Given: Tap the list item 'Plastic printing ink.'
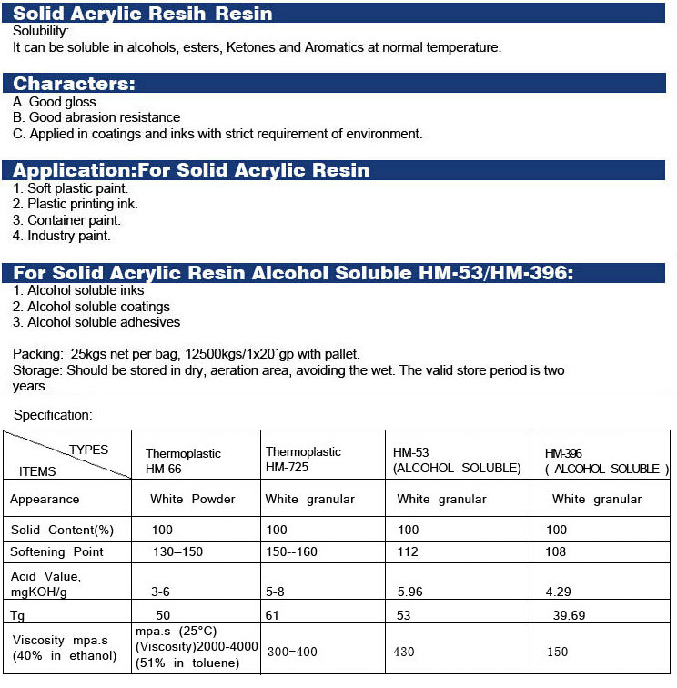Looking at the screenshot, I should point(76,204).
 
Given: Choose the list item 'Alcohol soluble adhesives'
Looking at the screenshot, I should point(96,322).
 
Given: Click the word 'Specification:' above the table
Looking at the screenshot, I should point(53,415).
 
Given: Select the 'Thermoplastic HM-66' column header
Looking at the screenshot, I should point(183,460).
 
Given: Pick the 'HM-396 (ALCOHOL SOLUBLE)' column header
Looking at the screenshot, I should point(606,460).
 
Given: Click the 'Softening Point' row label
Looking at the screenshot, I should point(57,551).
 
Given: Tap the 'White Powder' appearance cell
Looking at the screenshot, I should point(193,499).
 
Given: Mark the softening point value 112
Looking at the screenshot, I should point(409,551).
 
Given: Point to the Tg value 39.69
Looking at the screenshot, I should point(569,615).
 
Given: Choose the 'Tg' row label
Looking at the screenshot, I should point(17,615).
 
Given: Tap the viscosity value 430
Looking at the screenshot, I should point(406,652).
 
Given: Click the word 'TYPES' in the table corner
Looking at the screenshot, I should point(88,450).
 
